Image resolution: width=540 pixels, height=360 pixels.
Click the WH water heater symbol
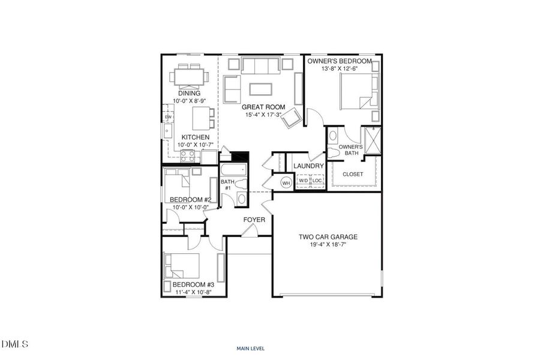(x=286, y=183)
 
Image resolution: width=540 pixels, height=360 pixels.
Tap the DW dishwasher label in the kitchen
(x=168, y=118)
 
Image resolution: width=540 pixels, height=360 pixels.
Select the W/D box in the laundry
(x=304, y=181)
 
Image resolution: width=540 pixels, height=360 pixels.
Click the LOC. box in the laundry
(x=317, y=181)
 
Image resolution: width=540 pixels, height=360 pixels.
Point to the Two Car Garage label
(x=328, y=237)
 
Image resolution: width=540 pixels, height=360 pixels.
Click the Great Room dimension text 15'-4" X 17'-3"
(x=263, y=115)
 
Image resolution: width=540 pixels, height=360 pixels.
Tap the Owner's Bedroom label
(x=340, y=61)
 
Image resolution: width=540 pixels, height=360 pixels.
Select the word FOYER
(x=254, y=220)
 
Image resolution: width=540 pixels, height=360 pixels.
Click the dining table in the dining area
(x=189, y=77)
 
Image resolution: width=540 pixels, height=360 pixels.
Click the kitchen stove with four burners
(x=188, y=157)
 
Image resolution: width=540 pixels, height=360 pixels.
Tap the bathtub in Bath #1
(x=234, y=170)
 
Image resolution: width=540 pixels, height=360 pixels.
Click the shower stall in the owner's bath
(x=373, y=140)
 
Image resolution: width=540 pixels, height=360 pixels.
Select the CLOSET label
(x=353, y=175)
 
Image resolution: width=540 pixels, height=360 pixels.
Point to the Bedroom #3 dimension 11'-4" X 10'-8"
(x=193, y=292)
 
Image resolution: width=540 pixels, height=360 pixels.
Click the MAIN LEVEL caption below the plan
(x=251, y=349)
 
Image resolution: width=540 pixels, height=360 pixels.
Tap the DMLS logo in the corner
(x=14, y=343)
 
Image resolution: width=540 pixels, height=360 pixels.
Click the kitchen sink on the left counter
(x=168, y=131)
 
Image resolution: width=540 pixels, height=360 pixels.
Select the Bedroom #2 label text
(x=190, y=200)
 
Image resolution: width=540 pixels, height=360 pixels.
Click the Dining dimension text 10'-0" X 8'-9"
(x=190, y=101)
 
